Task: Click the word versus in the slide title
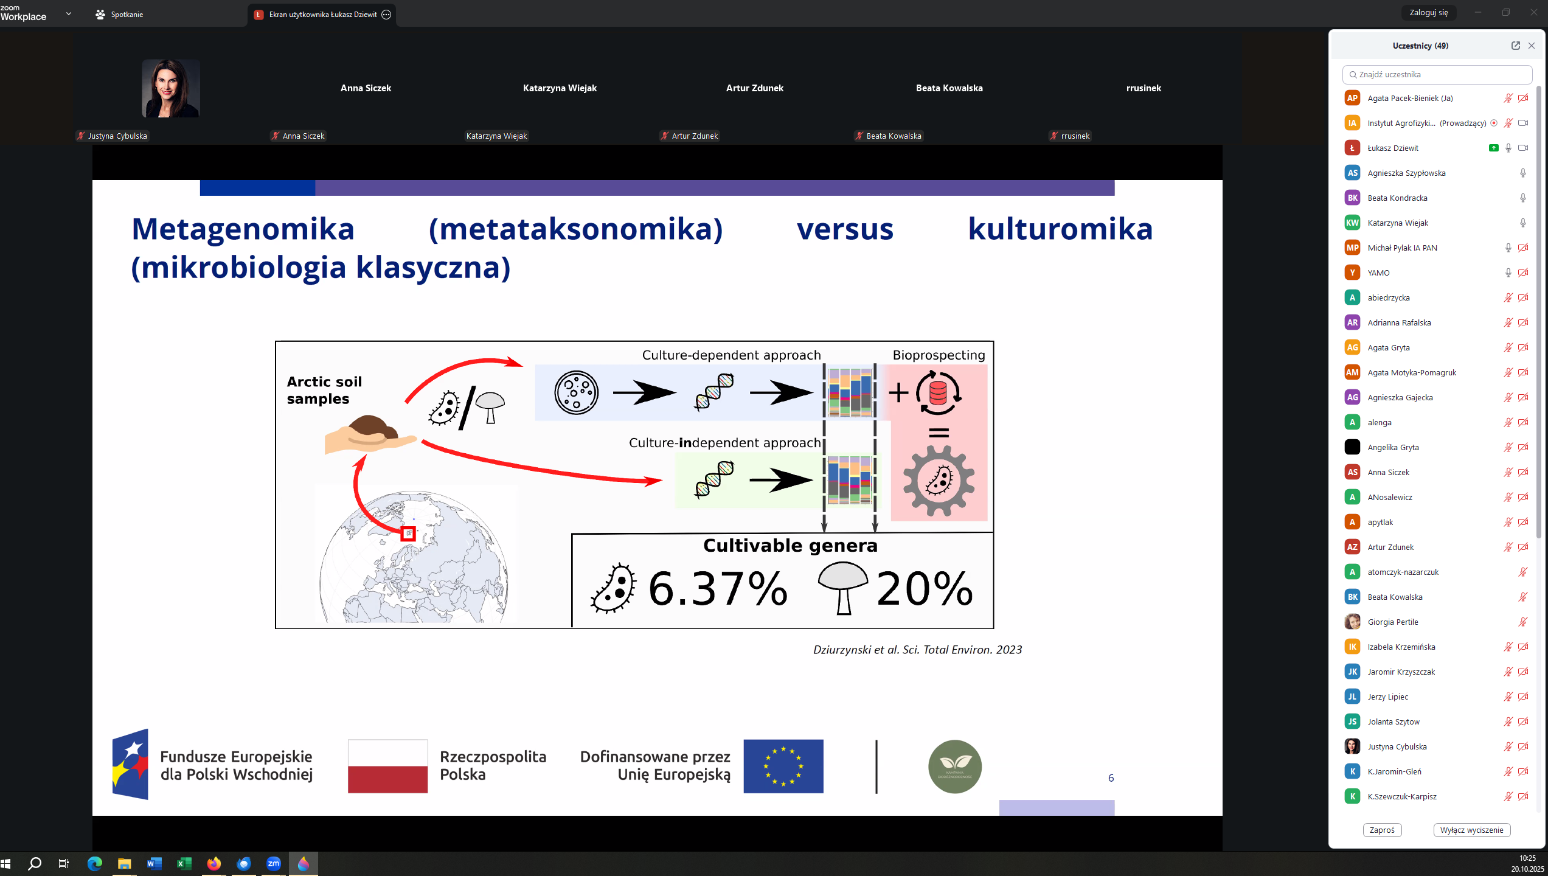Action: coord(845,229)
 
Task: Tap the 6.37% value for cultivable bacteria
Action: coord(718,588)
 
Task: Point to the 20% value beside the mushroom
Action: coord(925,588)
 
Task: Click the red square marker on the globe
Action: coord(408,534)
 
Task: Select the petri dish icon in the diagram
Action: coord(576,392)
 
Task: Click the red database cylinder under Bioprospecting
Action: coord(938,393)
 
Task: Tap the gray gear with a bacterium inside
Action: coord(939,481)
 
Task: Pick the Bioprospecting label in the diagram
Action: coord(939,355)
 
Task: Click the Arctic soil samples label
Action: coord(324,390)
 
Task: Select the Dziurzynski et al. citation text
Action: coord(917,649)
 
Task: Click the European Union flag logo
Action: coord(783,766)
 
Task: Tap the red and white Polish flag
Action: coord(387,766)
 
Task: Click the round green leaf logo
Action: coord(954,766)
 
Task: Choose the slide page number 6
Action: coord(1111,778)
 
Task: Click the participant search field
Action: coord(1437,74)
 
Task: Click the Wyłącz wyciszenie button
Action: coord(1471,830)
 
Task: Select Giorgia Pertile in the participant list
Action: coord(1393,622)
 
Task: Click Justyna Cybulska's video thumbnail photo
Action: coord(171,88)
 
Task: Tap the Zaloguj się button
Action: coord(1428,13)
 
